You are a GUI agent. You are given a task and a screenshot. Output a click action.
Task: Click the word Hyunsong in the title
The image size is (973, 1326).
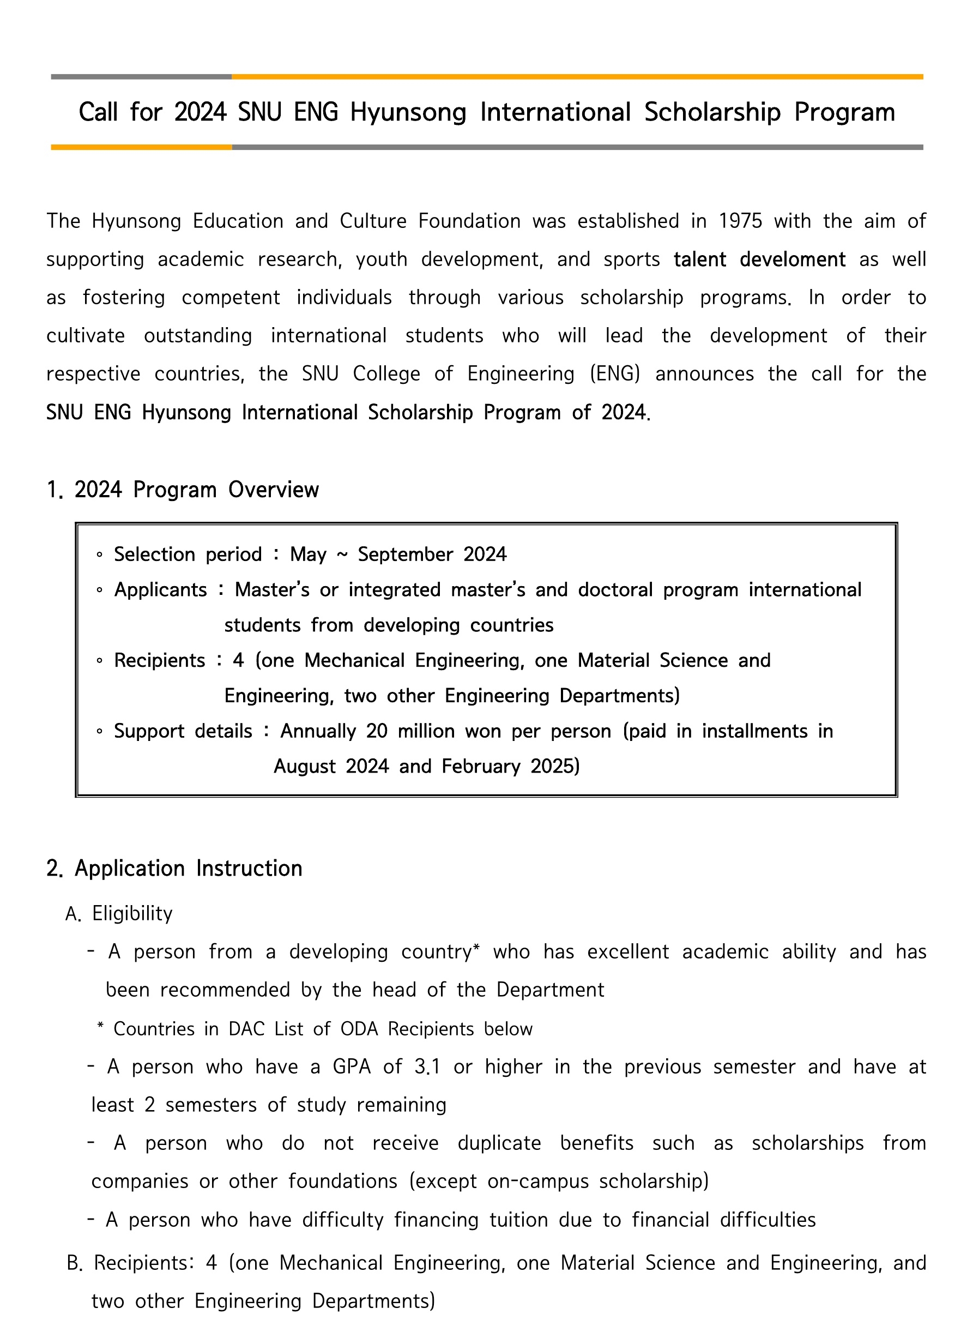tap(408, 112)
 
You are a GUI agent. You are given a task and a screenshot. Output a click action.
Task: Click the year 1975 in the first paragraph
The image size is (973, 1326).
tap(740, 221)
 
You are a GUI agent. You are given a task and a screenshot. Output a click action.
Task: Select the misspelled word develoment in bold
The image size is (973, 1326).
tap(792, 259)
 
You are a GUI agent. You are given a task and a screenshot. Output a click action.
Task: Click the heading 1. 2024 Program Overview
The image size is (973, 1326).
tap(183, 490)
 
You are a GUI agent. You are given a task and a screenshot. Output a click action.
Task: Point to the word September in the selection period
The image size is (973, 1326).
tap(405, 554)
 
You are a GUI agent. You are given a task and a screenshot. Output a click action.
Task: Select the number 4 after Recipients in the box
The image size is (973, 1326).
tap(238, 660)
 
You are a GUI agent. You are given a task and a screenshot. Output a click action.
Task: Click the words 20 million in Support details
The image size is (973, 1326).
tap(409, 731)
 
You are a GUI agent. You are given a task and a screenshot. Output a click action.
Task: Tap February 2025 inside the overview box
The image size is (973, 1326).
tap(510, 766)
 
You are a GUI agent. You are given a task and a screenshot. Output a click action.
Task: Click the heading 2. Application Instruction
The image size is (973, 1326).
tap(174, 869)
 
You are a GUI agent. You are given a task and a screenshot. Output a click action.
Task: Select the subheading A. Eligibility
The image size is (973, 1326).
tap(119, 913)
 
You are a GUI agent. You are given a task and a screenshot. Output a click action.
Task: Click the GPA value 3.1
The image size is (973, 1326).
tap(427, 1066)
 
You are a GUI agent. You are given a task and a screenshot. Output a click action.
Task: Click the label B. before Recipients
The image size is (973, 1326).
tap(75, 1263)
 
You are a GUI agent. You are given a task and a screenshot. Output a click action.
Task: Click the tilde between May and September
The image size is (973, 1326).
tap(342, 554)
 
